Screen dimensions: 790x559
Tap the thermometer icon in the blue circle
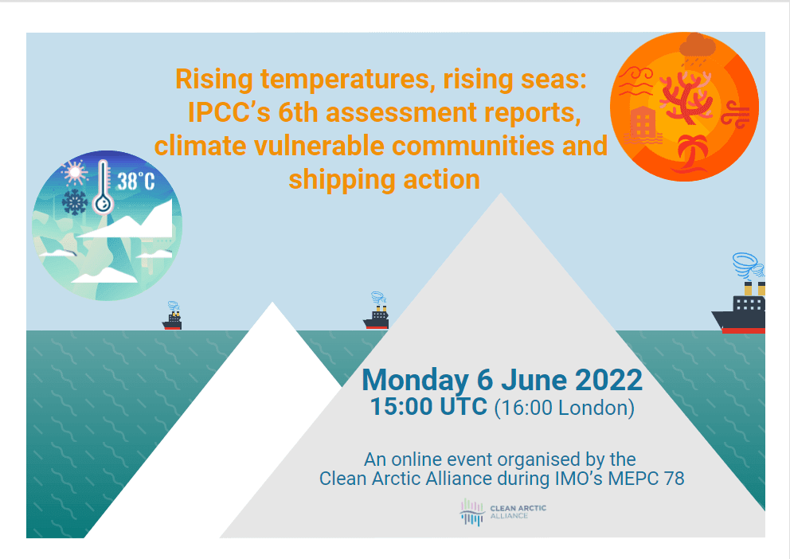104,187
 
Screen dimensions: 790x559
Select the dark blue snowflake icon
75,202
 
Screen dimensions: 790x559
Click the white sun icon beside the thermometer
75,173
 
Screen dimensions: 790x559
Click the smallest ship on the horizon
172,316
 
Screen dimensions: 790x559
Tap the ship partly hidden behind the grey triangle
377,311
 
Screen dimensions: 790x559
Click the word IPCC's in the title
229,112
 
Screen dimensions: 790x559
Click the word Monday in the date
416,380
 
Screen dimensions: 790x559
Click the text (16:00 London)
565,408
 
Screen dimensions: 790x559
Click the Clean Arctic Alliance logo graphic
472,512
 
